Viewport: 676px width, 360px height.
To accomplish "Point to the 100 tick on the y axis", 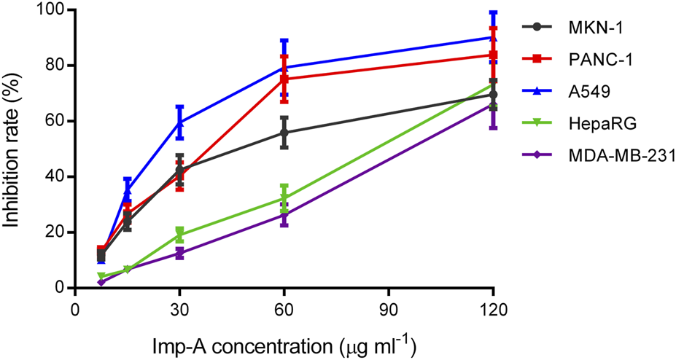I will click(x=51, y=10).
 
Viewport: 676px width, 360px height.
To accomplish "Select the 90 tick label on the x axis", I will click(x=388, y=307).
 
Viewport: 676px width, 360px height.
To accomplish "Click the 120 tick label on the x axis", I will click(x=493, y=307).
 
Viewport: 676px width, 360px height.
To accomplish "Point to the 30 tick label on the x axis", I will click(x=179, y=307).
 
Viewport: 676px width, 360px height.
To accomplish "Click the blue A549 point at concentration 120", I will click(x=493, y=37).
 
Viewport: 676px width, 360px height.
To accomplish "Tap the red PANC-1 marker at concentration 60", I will click(x=284, y=79).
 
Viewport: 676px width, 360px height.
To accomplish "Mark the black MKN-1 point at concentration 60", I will click(x=284, y=133).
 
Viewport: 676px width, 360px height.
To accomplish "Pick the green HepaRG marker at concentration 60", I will click(x=284, y=198).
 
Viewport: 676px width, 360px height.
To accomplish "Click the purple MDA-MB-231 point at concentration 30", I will click(x=179, y=254).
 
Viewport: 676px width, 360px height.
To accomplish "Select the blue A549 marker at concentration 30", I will click(x=179, y=123).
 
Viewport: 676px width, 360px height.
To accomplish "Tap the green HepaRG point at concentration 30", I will click(x=179, y=235).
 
